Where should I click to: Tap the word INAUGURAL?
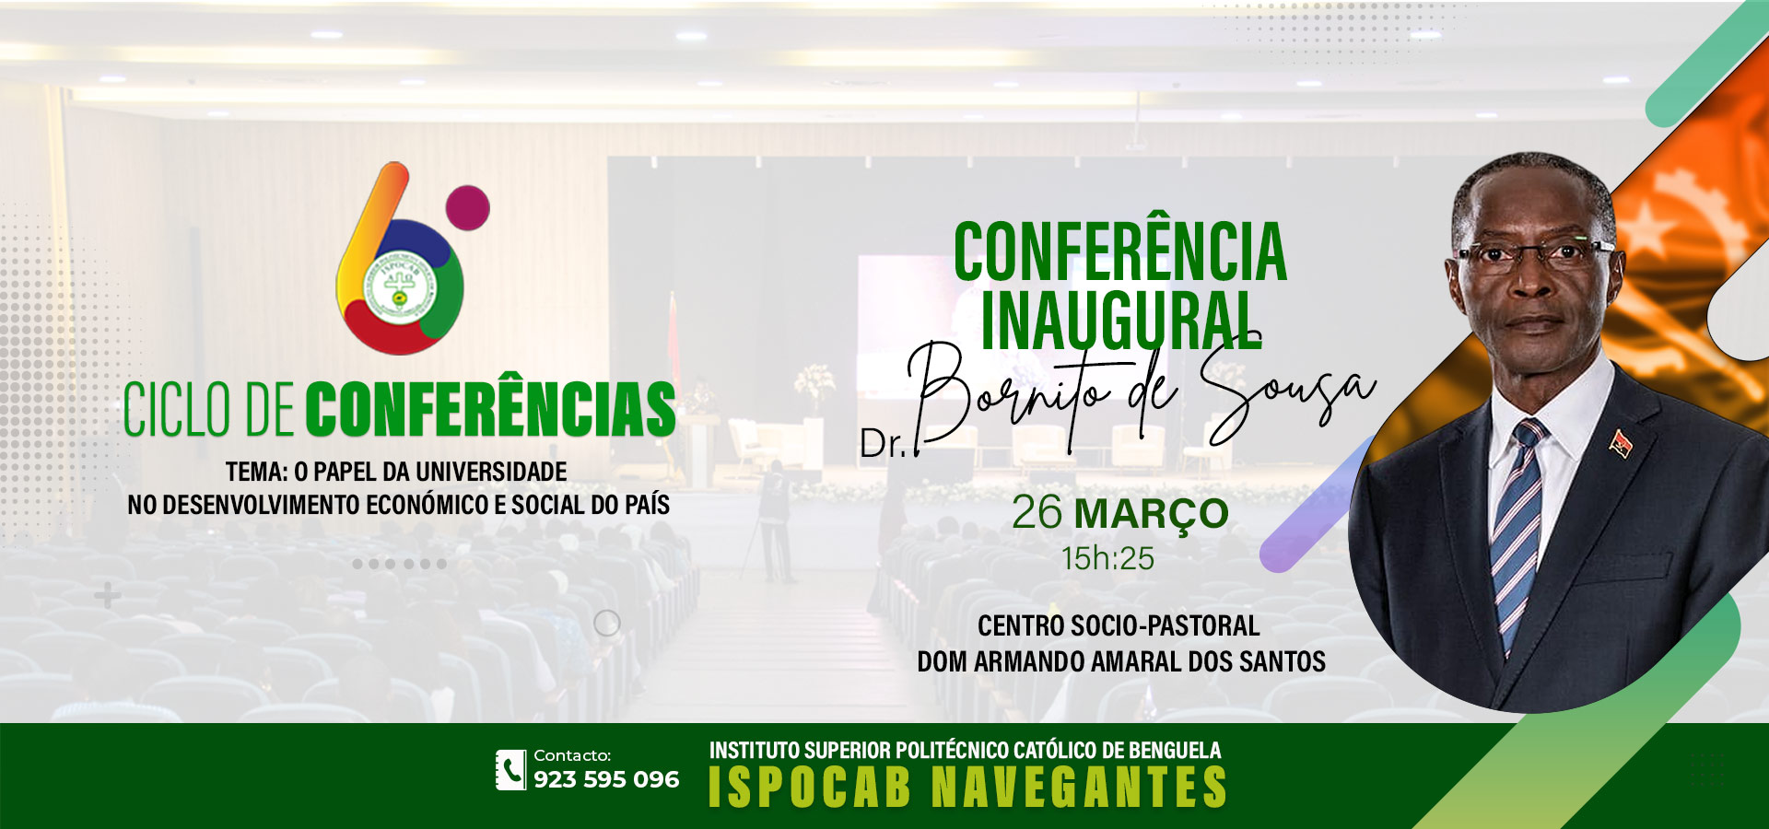click(1120, 320)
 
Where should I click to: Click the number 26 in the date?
click(1037, 512)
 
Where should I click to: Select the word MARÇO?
click(1152, 514)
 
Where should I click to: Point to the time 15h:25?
click(1107, 558)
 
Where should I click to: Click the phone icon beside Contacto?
click(510, 770)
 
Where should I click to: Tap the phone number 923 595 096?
click(606, 779)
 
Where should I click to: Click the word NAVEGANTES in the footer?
click(1079, 788)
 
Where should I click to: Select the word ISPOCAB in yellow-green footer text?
click(810, 788)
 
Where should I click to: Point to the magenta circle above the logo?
click(467, 207)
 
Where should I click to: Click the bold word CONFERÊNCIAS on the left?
click(490, 409)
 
